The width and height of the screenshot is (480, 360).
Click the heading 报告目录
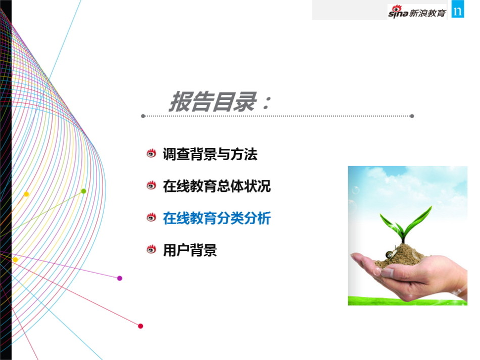coord(213,101)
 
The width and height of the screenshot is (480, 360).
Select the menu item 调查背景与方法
coord(210,154)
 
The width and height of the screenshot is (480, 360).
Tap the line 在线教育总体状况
coord(217,186)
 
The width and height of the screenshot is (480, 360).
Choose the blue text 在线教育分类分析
coord(217,218)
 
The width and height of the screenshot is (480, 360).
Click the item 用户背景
coord(190,250)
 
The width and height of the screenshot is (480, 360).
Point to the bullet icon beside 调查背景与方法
coord(151,153)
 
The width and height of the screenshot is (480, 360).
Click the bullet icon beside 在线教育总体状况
coord(151,185)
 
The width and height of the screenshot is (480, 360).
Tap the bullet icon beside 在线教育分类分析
coord(151,217)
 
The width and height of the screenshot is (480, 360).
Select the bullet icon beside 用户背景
coord(151,249)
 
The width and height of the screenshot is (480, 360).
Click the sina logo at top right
coord(398,12)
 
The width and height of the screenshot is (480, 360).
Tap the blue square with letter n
coord(458,9)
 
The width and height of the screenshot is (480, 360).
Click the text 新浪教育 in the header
coord(427,13)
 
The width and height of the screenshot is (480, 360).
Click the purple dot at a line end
coord(120,278)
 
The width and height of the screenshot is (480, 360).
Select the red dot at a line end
coord(140,326)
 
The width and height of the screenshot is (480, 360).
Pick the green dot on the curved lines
coord(83,191)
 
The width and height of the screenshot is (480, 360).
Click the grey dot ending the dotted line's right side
coord(412,116)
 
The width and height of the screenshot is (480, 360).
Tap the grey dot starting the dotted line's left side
coord(143,116)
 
